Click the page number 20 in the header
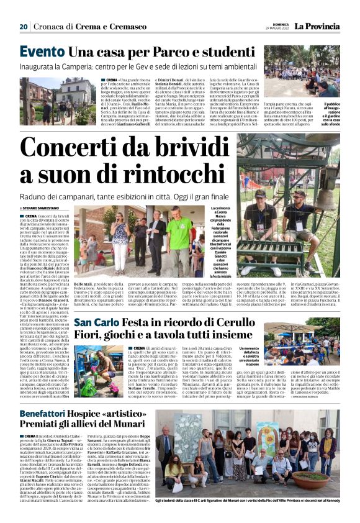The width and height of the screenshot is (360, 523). pos(24,27)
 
